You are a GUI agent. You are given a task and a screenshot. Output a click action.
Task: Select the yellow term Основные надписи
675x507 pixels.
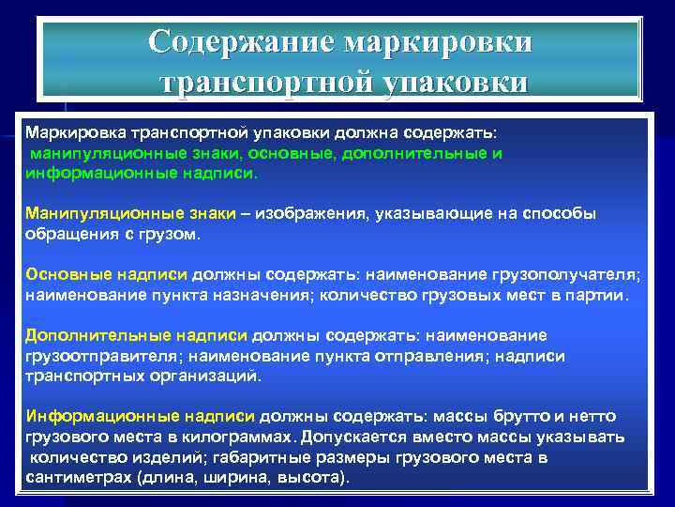pos(107,274)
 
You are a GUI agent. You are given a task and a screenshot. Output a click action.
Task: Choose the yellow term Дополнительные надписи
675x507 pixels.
pos(136,335)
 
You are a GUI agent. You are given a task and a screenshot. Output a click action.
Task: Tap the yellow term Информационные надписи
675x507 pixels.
pos(140,416)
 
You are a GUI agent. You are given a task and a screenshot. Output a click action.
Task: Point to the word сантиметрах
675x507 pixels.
pos(78,477)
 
